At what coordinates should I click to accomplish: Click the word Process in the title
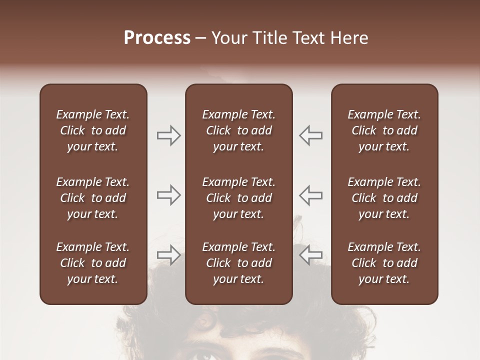(x=157, y=38)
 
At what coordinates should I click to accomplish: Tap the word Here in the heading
(x=348, y=38)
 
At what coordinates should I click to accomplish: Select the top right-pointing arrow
(x=169, y=135)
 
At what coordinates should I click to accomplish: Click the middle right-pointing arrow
(x=169, y=195)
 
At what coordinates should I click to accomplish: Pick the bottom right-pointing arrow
(x=169, y=254)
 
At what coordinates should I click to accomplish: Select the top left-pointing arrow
(x=310, y=135)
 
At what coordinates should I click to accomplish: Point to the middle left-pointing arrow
(x=310, y=195)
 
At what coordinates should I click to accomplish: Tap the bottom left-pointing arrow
(x=310, y=254)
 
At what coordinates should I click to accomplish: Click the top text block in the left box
(x=93, y=130)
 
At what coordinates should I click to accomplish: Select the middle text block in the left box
(x=93, y=198)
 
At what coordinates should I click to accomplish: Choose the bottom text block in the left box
(x=93, y=263)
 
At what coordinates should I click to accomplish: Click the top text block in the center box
(x=239, y=130)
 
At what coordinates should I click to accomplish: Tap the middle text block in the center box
(x=239, y=198)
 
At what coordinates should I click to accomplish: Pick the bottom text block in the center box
(x=239, y=263)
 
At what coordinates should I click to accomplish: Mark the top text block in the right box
(x=384, y=130)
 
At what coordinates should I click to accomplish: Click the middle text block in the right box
(x=384, y=198)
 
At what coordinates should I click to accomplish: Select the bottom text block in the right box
(x=384, y=263)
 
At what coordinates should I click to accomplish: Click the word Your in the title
(x=228, y=38)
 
